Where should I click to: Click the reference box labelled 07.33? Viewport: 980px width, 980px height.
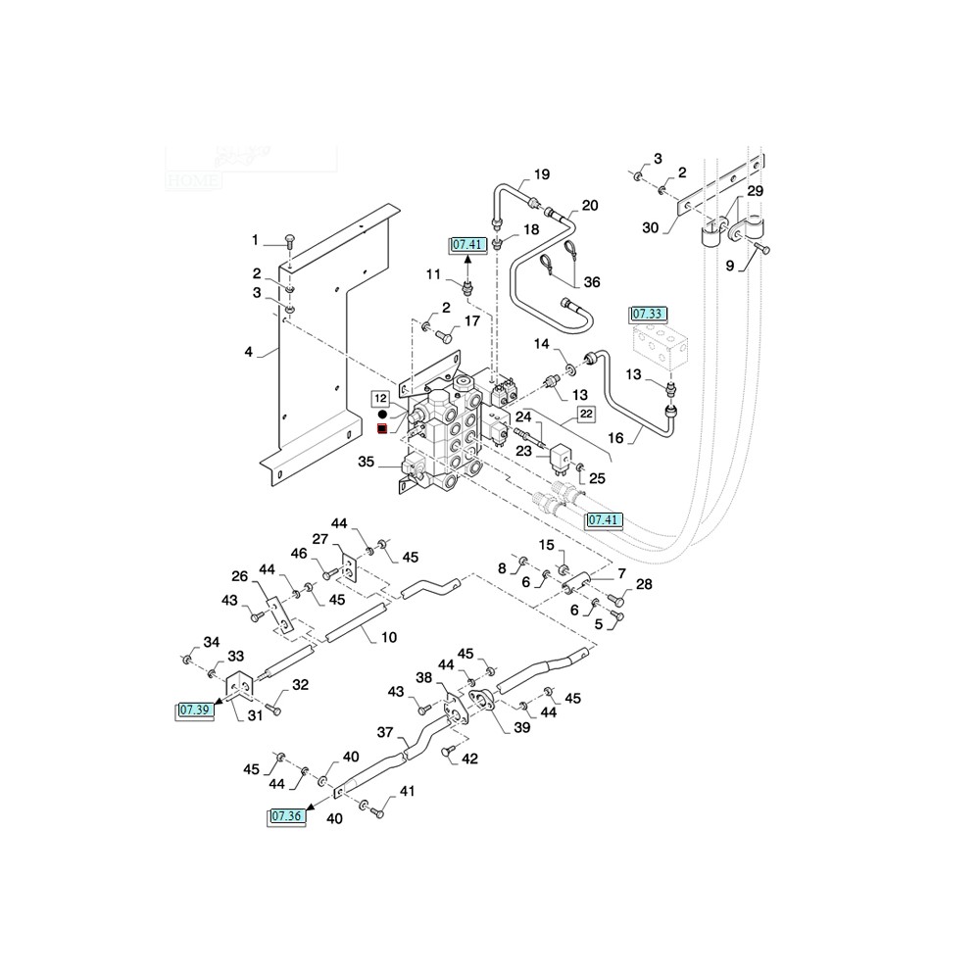click(x=648, y=314)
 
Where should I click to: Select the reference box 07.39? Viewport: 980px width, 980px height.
click(x=195, y=710)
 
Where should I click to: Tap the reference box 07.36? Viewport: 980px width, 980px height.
click(x=287, y=815)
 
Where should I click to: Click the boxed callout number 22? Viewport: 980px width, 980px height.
click(x=585, y=415)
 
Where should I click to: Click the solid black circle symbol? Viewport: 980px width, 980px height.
click(x=382, y=415)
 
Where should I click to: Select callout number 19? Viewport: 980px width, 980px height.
click(x=542, y=176)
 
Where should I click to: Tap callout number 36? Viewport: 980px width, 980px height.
click(x=591, y=282)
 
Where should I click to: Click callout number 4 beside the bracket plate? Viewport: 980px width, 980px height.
click(x=249, y=351)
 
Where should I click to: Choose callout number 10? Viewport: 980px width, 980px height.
click(x=388, y=638)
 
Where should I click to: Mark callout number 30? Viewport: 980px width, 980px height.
click(x=650, y=228)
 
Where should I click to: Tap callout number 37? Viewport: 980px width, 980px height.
click(x=385, y=731)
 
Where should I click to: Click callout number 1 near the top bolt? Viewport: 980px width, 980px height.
click(x=256, y=240)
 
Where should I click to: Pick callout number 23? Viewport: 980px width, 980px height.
click(x=522, y=451)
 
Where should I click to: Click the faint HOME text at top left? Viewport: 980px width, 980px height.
click(x=194, y=180)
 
